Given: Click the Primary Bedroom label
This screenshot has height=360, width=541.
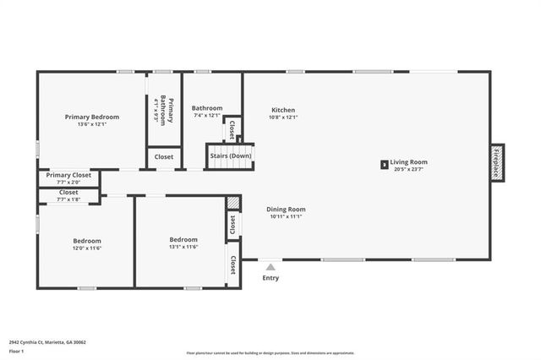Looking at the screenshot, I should [x=92, y=117].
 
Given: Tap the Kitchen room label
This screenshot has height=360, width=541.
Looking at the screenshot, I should [x=283, y=110].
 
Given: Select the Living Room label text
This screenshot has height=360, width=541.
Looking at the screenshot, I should [x=409, y=162].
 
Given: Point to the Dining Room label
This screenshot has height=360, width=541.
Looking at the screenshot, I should [x=286, y=209].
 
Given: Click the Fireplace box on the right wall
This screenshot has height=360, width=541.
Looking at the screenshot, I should [x=497, y=161].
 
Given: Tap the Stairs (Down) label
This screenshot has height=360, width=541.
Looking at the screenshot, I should [x=231, y=156].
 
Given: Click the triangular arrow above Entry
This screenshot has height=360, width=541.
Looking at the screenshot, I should [x=270, y=267].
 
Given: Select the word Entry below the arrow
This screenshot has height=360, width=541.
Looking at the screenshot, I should [x=270, y=278].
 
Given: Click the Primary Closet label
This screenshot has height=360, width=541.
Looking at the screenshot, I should [x=68, y=176].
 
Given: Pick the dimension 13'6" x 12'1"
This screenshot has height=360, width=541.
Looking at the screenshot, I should [x=92, y=124].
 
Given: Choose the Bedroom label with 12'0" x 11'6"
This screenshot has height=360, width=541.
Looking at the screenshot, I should [x=86, y=241].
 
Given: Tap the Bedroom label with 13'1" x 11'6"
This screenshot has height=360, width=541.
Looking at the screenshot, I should [x=183, y=239].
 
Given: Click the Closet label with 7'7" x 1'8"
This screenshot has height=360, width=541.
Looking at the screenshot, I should [x=68, y=193].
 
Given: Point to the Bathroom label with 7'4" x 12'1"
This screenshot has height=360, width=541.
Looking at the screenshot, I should [x=207, y=108].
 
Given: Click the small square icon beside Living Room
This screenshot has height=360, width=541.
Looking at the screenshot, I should [x=384, y=165].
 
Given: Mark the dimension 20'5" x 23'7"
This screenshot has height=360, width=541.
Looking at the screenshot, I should [x=409, y=169].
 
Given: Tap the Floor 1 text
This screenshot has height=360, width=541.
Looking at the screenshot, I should [x=16, y=351].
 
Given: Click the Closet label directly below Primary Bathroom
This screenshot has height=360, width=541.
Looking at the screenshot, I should [x=163, y=156].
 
